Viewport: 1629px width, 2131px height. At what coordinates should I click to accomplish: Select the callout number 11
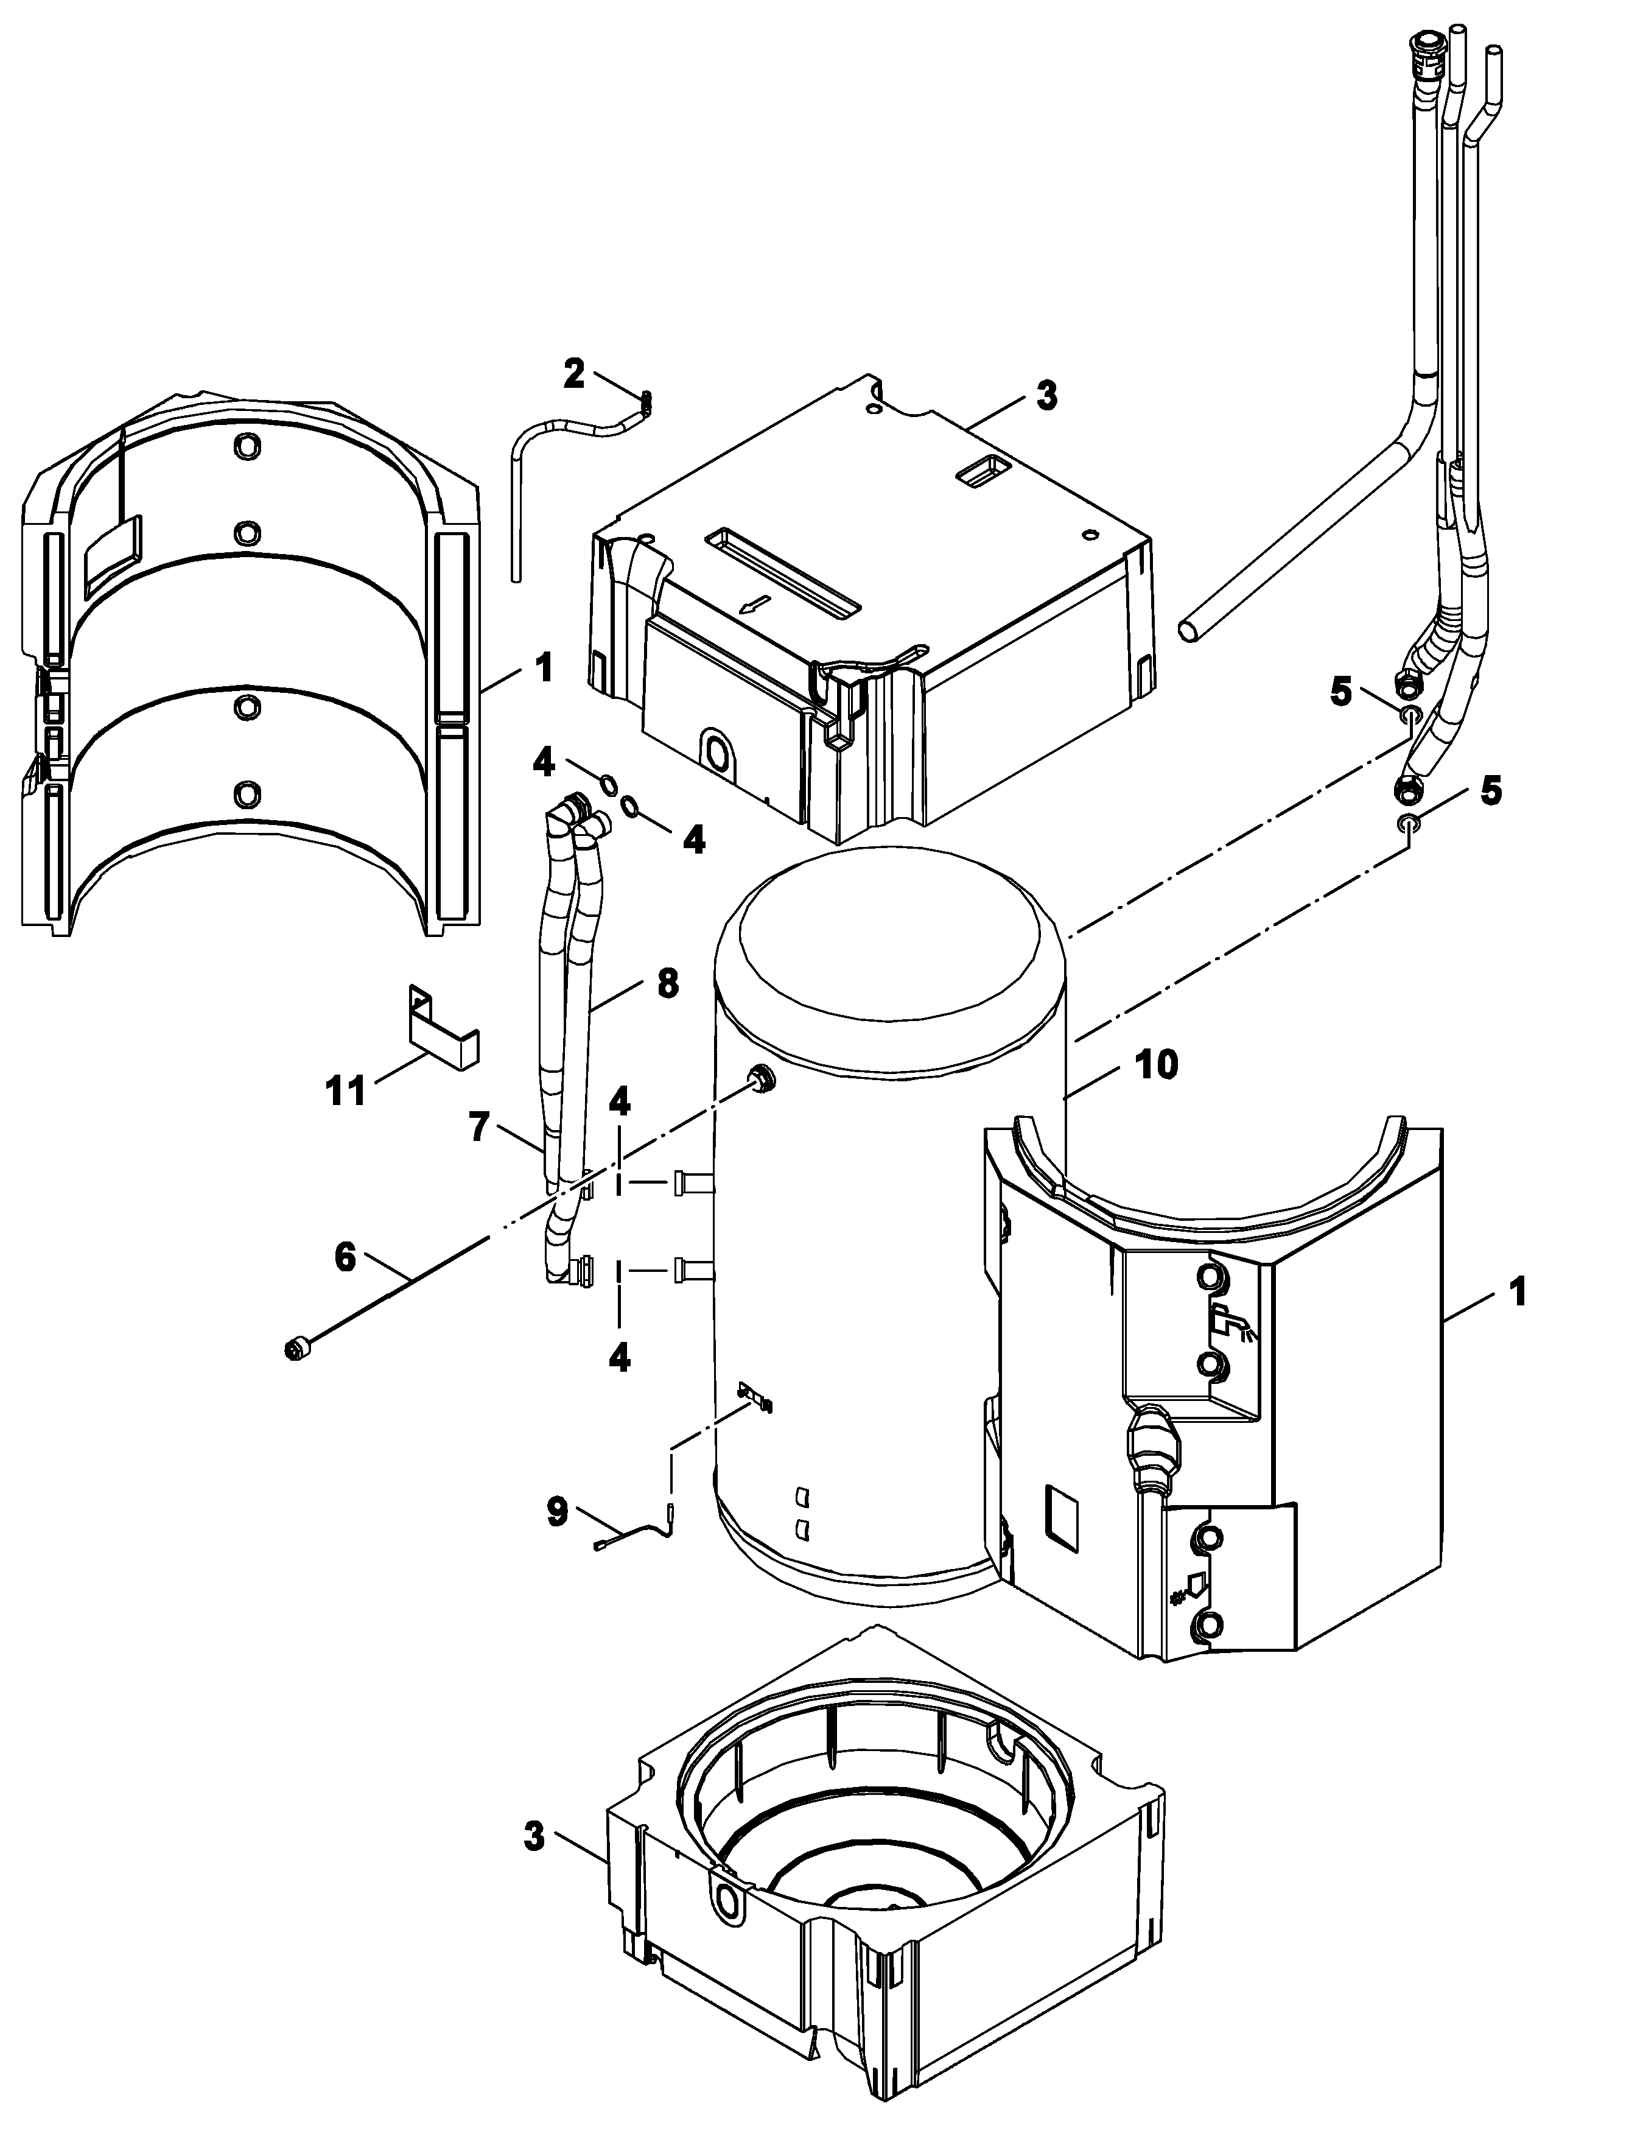tap(346, 1091)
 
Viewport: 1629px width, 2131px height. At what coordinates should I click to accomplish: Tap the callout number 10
tap(1156, 1064)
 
